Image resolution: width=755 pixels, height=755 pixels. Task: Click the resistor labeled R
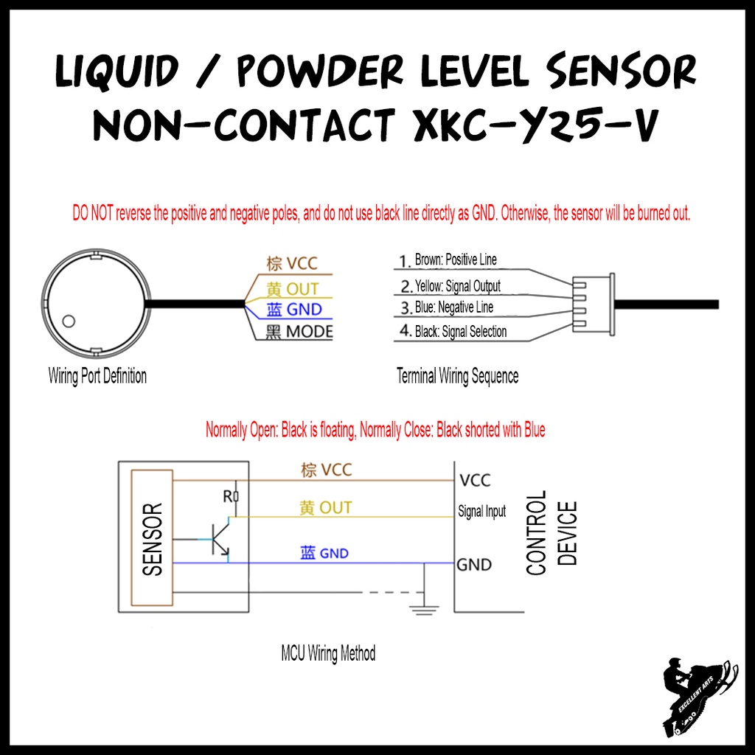pyautogui.click(x=236, y=498)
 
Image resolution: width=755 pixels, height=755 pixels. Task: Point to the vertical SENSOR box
pyautogui.click(x=150, y=537)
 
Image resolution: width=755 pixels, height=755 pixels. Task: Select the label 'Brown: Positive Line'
pyautogui.click(x=456, y=260)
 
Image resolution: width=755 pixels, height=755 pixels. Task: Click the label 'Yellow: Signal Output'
pyautogui.click(x=457, y=285)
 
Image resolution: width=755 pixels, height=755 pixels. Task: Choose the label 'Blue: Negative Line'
pyautogui.click(x=454, y=307)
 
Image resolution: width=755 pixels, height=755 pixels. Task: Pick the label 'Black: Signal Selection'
pyautogui.click(x=461, y=332)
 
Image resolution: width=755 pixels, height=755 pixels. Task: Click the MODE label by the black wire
pyautogui.click(x=309, y=332)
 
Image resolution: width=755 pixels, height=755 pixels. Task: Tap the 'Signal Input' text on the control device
pyautogui.click(x=482, y=511)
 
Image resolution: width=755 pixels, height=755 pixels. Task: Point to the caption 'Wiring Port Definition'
pyautogui.click(x=97, y=376)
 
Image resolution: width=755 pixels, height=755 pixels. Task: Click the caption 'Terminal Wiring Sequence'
pyautogui.click(x=457, y=376)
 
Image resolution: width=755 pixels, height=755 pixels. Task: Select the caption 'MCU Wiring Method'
pyautogui.click(x=328, y=653)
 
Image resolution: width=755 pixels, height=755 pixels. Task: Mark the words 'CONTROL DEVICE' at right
pyautogui.click(x=552, y=532)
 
